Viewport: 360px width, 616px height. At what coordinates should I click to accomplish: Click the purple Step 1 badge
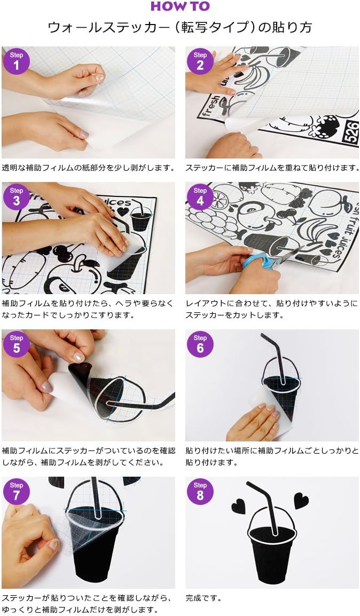16,61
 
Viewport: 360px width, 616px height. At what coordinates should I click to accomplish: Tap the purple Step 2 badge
200,61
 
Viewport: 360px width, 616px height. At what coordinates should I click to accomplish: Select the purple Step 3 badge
16,196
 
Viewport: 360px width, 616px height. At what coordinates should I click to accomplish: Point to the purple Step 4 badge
200,196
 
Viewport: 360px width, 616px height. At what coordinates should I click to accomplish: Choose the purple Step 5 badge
16,344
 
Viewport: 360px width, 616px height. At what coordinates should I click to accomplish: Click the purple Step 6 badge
200,344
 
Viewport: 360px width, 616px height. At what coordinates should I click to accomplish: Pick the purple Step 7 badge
16,491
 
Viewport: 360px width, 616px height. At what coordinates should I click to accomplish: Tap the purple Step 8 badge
200,491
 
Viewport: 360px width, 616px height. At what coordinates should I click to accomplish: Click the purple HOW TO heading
181,6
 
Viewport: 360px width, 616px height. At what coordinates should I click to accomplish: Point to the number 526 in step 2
352,132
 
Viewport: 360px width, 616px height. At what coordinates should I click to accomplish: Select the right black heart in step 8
301,501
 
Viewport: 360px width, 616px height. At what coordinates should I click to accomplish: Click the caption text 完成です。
204,598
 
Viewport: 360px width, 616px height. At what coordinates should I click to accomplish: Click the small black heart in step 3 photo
123,211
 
